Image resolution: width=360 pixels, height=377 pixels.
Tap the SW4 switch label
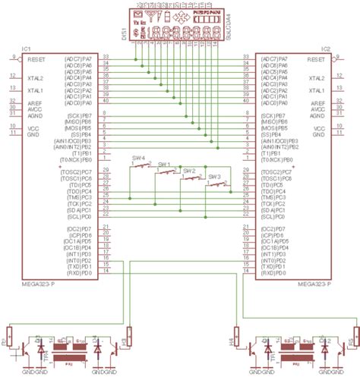pyautogui.click(x=139, y=157)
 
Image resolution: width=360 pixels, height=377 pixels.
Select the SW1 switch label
pyautogui.click(x=164, y=164)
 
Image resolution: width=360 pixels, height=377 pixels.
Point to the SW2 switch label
pyautogui.click(x=188, y=171)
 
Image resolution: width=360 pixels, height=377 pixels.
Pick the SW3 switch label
pyautogui.click(x=215, y=177)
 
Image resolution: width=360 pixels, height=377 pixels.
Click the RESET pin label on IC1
pyautogui.click(x=36, y=58)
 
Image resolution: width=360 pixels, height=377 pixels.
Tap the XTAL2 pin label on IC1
pyautogui.click(x=36, y=78)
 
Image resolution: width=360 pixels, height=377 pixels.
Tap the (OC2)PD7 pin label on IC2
pyautogui.click(x=274, y=228)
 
